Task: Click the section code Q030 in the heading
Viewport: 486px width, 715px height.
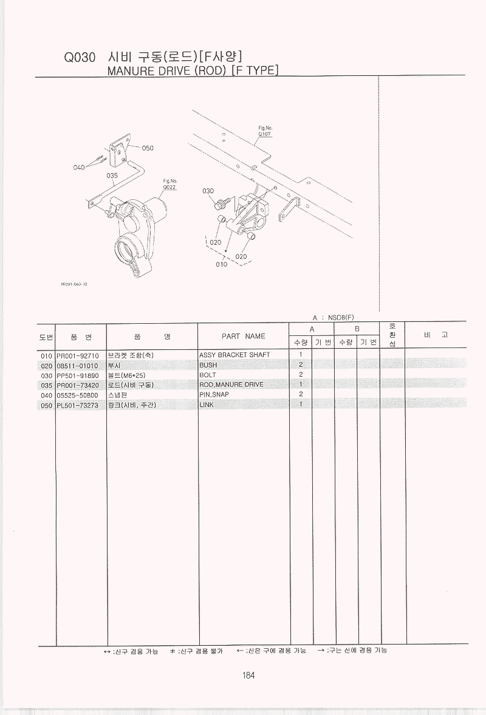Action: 80,58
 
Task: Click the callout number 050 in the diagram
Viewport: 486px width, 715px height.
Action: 148,148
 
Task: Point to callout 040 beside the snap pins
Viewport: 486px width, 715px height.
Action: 79,167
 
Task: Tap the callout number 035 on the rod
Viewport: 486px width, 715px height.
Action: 112,175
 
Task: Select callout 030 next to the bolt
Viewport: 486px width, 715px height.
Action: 208,191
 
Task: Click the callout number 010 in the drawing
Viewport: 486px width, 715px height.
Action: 222,264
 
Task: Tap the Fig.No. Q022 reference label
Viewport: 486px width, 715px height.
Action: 169,184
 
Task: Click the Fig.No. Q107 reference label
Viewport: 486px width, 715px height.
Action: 265,131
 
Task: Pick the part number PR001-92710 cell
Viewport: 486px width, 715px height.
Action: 78,355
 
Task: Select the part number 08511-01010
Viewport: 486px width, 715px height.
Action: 78,366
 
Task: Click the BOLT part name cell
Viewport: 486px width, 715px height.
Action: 208,375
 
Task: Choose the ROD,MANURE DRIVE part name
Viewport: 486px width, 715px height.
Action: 231,385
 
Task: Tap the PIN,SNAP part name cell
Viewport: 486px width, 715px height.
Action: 214,394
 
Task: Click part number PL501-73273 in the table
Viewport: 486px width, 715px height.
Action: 78,405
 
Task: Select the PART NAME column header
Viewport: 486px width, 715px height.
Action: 244,336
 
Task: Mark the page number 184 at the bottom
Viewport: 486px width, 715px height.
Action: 248,675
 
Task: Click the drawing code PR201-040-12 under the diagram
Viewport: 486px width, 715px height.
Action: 74,284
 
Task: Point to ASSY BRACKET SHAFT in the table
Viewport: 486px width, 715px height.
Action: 234,355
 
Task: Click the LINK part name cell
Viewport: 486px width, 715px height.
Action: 207,405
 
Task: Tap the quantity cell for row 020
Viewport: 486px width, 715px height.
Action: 301,365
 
